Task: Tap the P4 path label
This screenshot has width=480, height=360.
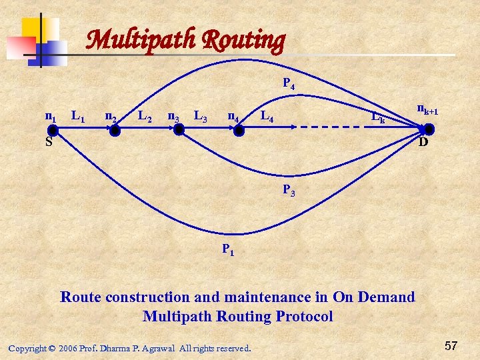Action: pos(289,84)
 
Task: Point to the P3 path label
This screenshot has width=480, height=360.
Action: pos(289,190)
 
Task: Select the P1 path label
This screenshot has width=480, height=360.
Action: pos(228,250)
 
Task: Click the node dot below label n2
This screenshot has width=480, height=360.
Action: pos(115,131)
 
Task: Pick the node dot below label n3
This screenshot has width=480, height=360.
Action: pos(178,130)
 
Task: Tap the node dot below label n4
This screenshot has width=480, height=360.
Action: pos(239,131)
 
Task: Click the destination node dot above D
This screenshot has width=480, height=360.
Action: pos(429,129)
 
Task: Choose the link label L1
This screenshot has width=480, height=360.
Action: pos(78,118)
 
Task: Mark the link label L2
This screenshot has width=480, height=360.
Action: pos(145,118)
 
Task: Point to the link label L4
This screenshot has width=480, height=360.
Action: pos(267,118)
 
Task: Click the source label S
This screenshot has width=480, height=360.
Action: pos(49,142)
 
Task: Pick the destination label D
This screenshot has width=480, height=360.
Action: pos(423,143)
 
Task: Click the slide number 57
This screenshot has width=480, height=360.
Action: pos(451,345)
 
